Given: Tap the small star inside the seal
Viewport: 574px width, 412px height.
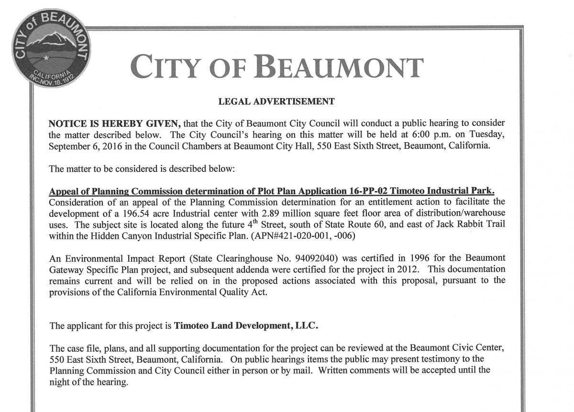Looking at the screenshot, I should [46, 58].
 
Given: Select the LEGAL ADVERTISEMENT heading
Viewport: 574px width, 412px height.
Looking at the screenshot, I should [276, 101].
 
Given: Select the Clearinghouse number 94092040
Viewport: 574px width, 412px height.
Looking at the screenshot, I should [313, 258].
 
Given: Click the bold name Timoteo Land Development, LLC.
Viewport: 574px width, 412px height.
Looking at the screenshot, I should [245, 326].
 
